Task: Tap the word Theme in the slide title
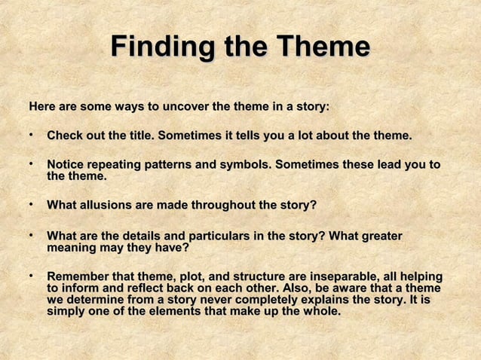326,47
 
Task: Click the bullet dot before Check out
32,136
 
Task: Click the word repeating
119,165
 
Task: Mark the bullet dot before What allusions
32,204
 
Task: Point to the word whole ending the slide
321,311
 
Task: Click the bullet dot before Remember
32,276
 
